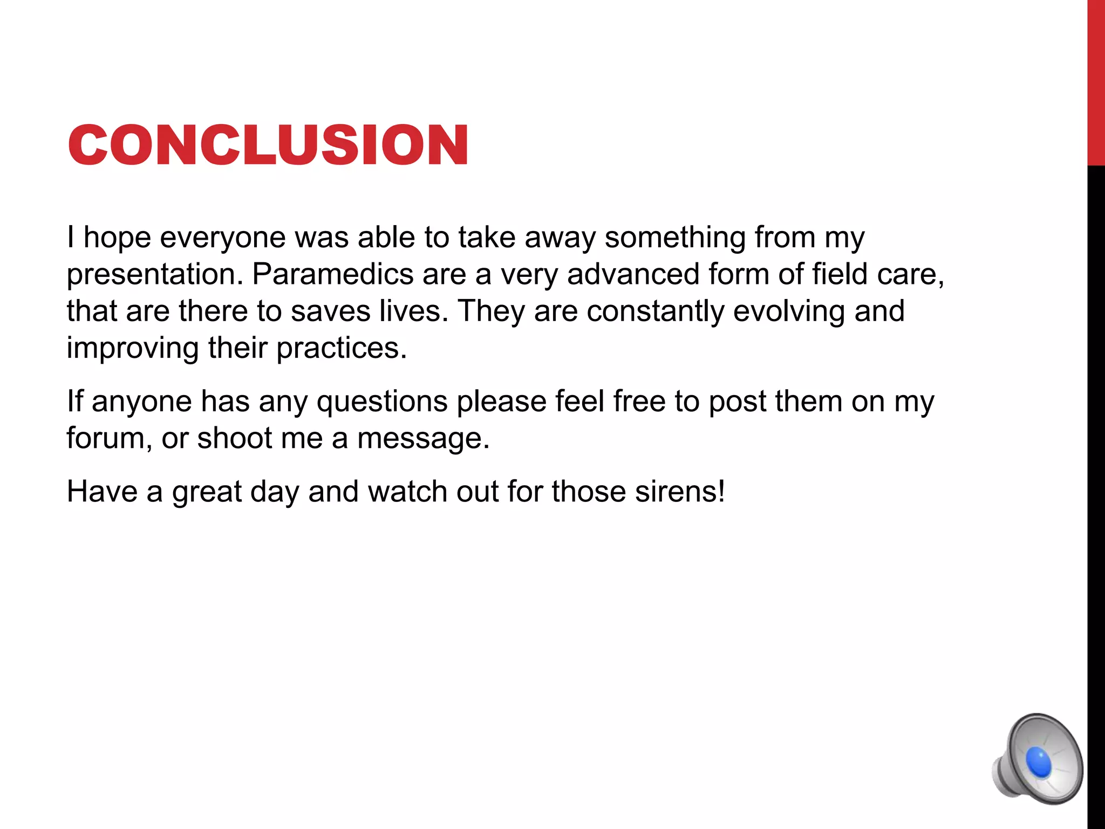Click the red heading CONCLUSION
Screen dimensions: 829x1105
click(x=268, y=145)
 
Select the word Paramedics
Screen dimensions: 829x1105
click(x=332, y=274)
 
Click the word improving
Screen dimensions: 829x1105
click(x=133, y=349)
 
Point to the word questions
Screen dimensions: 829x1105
click(x=382, y=402)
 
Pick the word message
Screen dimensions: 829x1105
click(x=423, y=439)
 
